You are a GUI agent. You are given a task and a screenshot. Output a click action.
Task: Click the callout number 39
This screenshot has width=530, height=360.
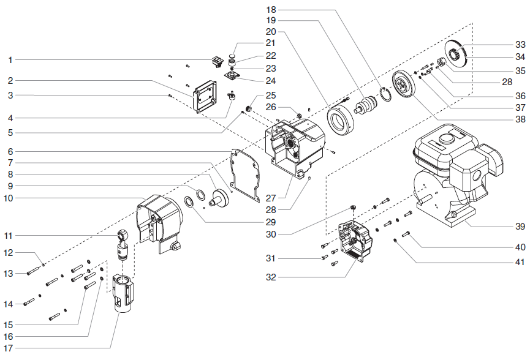tap(520, 226)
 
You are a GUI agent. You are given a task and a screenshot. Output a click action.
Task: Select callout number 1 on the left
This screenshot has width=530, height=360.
tap(10, 60)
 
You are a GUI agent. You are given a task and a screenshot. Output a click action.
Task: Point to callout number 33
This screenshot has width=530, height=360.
tap(520, 45)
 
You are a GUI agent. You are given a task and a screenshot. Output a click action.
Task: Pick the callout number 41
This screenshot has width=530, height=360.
tap(520, 263)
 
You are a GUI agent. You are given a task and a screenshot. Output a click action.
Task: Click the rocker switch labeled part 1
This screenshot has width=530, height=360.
tap(216, 61)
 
